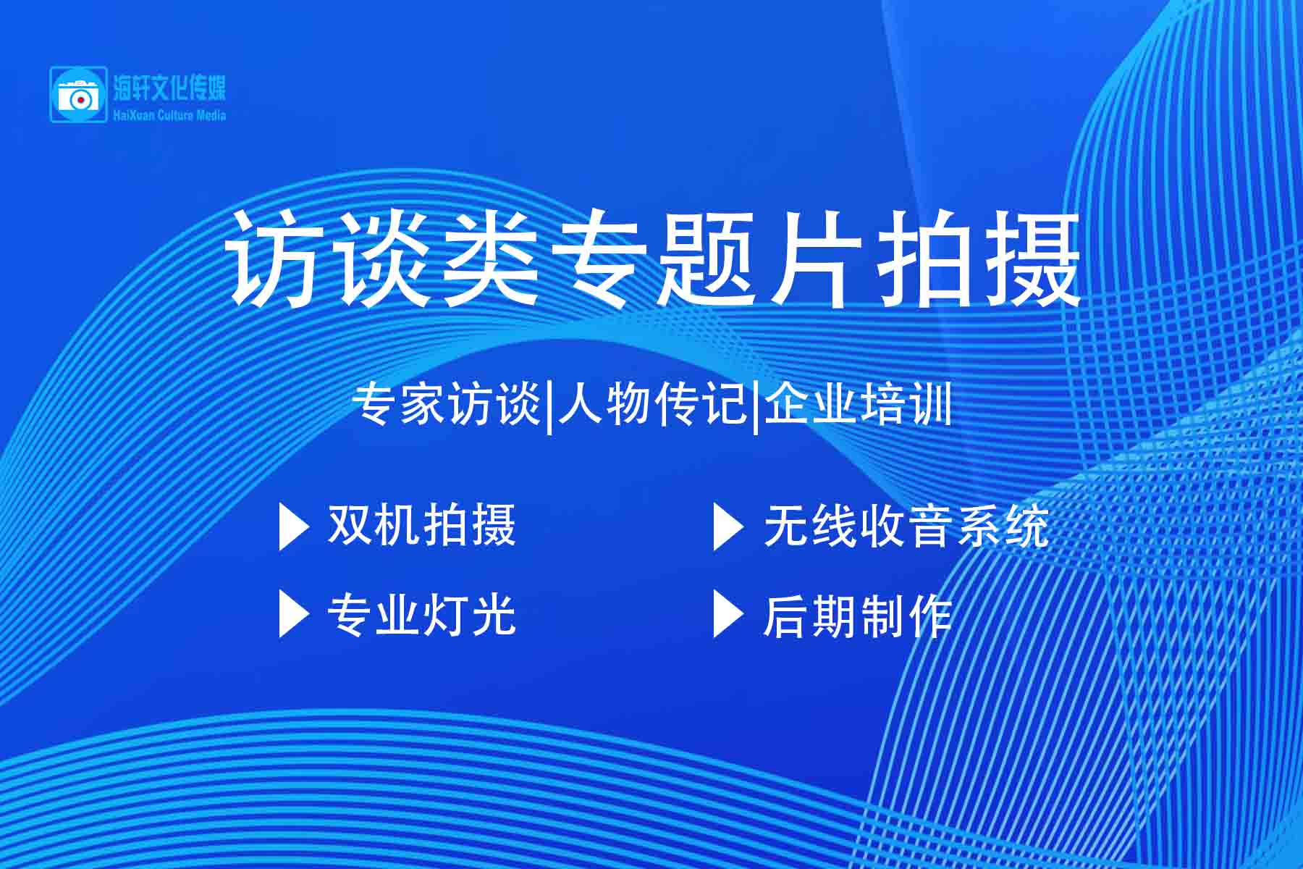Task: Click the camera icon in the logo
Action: (x=77, y=94)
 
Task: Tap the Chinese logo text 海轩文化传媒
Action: (x=169, y=88)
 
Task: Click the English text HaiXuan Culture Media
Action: (x=169, y=115)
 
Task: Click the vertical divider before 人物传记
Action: (x=550, y=407)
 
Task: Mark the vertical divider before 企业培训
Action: (x=756, y=407)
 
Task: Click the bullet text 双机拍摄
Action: (x=421, y=525)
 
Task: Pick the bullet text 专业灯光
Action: (x=421, y=615)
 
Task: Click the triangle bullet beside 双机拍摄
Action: (x=293, y=527)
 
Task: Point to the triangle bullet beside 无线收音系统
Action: (x=728, y=527)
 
